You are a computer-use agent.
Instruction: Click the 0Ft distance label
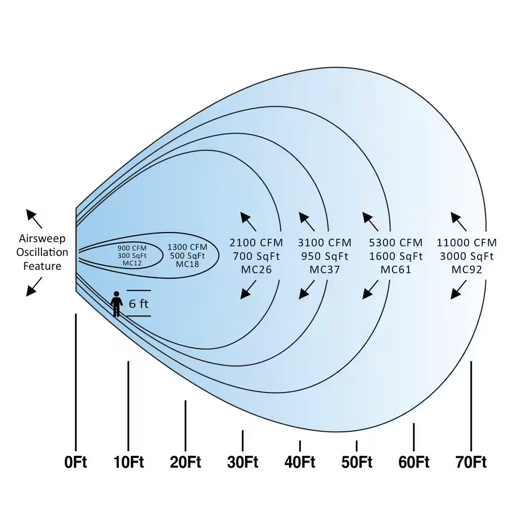coord(76,462)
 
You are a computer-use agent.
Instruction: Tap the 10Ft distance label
coord(128,462)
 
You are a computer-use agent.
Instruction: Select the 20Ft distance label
coord(185,462)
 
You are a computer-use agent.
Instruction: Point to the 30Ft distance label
coord(242,462)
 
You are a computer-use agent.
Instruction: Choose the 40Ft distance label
coord(300,462)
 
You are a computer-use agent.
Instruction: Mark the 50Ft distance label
coord(357,462)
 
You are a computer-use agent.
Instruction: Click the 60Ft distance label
coord(414,462)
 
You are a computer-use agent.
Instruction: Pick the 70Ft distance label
coord(471,462)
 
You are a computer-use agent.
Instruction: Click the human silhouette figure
coord(117,304)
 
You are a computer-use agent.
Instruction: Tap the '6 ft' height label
coord(138,304)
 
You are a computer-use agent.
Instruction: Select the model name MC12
coord(132,263)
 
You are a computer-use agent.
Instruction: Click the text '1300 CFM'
coord(187,247)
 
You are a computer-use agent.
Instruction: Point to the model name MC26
coord(256,269)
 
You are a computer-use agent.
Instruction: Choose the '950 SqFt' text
coord(324,256)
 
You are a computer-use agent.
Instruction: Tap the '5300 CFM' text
coord(396,242)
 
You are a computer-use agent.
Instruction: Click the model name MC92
coord(467,269)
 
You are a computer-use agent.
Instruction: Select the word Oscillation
coord(42,252)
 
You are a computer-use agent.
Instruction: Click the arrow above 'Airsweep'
coord(35,219)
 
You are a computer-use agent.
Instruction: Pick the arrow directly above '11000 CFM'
coord(458,222)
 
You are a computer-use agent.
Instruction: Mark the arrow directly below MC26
coord(249,290)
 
